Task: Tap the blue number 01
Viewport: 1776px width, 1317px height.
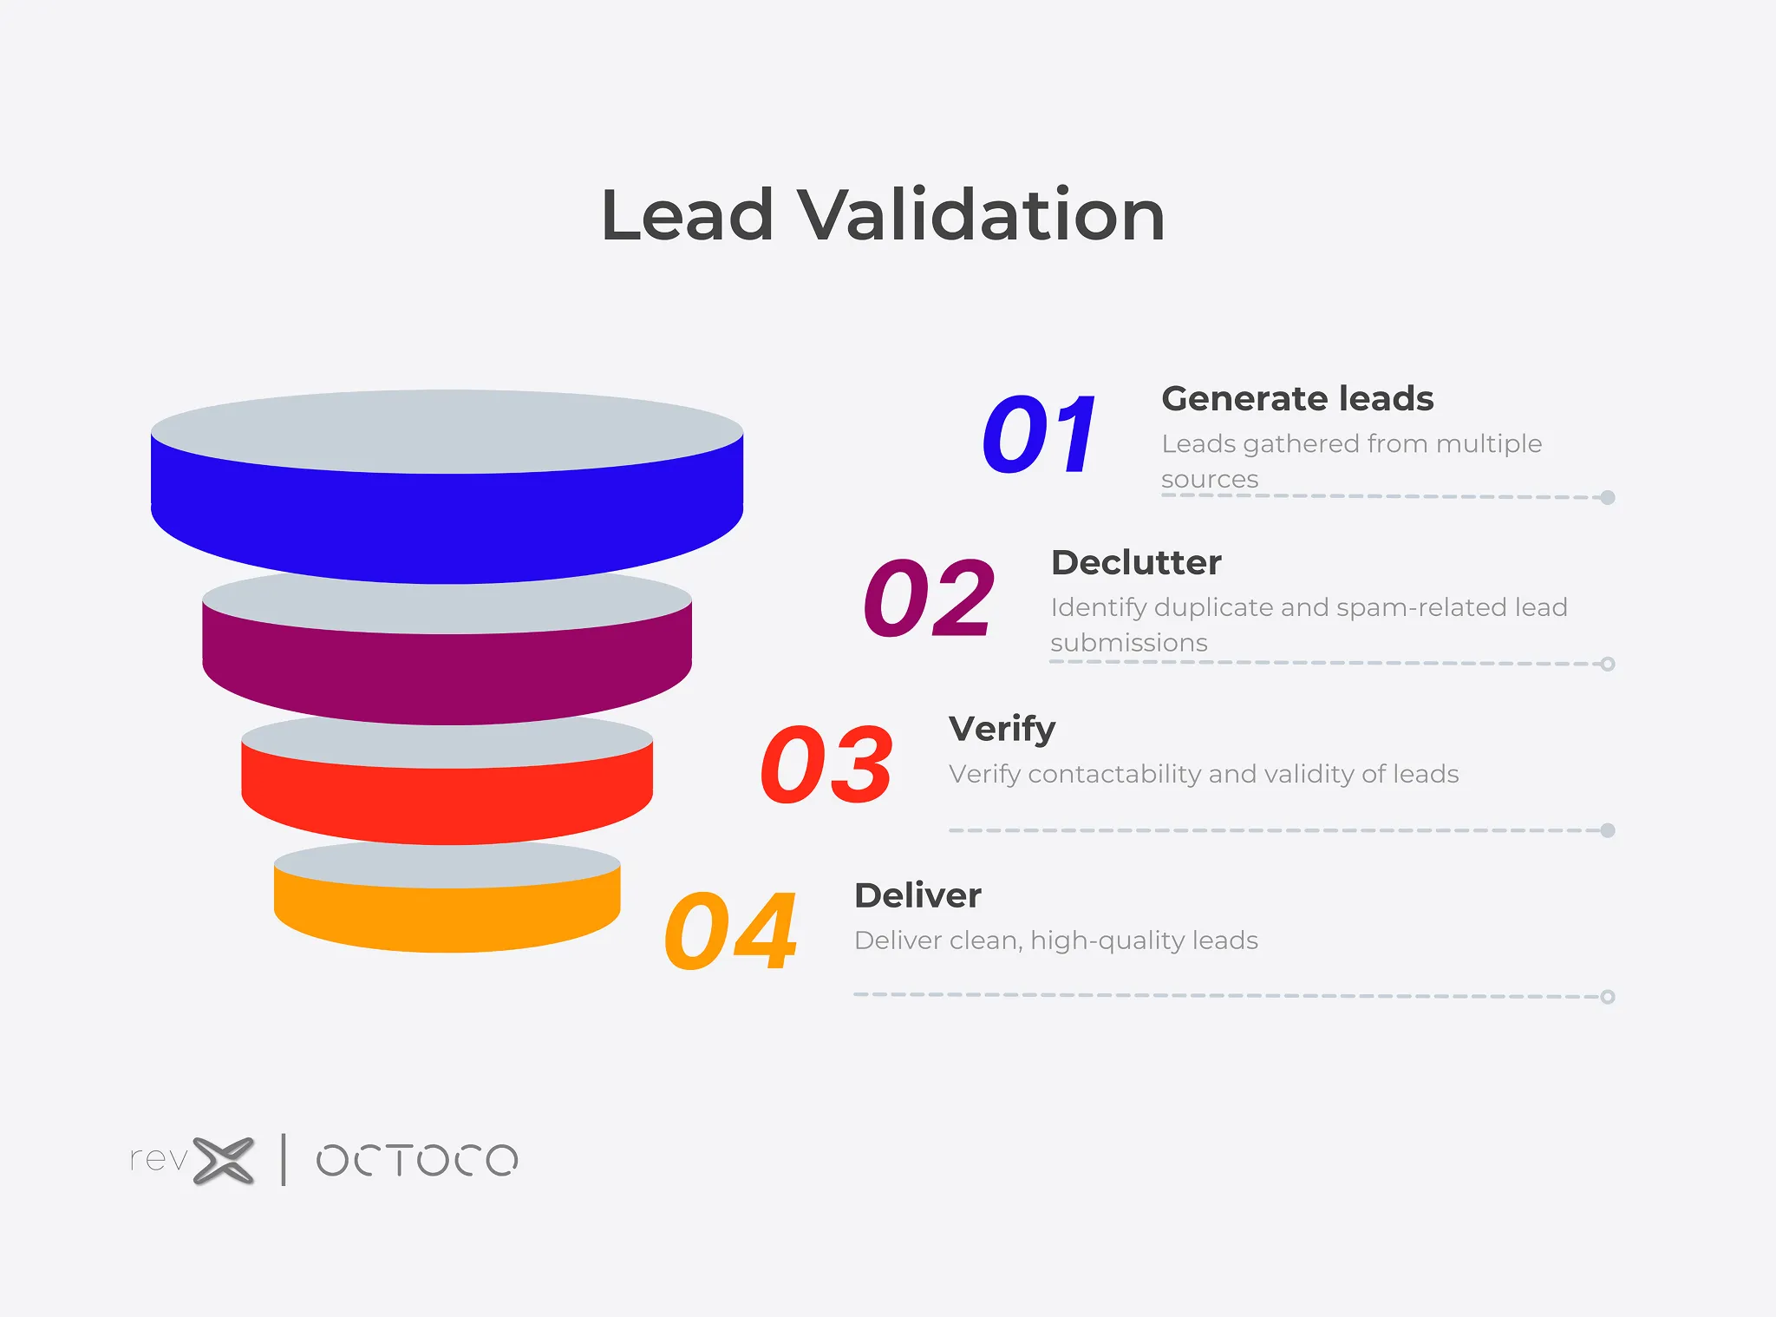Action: [1040, 433]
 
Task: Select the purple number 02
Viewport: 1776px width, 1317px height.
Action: [929, 597]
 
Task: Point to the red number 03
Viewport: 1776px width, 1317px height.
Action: [826, 763]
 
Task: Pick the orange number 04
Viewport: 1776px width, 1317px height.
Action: [730, 930]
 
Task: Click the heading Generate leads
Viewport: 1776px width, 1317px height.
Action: [1297, 399]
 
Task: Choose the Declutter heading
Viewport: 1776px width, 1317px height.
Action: [1136, 562]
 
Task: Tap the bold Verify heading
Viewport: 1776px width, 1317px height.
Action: [1002, 730]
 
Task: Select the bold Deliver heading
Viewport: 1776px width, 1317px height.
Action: [917, 895]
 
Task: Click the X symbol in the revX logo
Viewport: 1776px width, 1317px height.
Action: [224, 1160]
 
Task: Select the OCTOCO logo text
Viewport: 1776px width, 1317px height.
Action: [417, 1160]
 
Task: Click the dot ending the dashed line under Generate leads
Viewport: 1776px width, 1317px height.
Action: [1608, 497]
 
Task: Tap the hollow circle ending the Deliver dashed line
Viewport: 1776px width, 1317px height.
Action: [1608, 997]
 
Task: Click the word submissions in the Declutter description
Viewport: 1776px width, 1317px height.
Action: [1129, 643]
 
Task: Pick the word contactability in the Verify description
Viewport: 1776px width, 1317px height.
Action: [1114, 774]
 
